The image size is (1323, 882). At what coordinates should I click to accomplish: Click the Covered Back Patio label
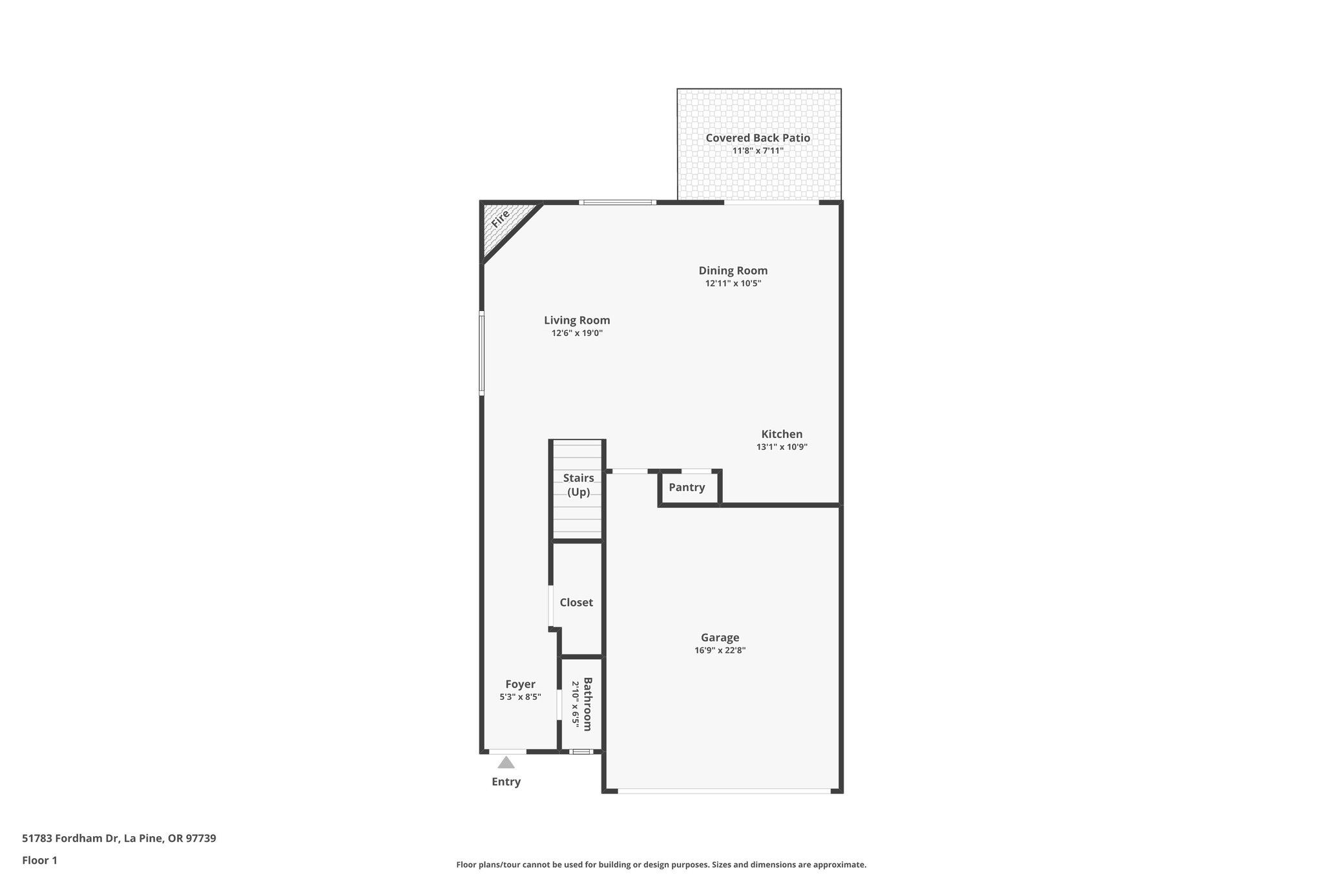pos(757,138)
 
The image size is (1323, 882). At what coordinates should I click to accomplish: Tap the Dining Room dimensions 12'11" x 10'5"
pos(733,283)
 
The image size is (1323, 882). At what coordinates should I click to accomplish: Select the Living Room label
pos(576,320)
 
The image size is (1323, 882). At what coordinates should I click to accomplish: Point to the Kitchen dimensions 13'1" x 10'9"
pos(782,446)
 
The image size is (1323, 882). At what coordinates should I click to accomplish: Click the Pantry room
pos(687,487)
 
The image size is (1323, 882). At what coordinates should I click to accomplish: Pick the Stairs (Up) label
pos(578,485)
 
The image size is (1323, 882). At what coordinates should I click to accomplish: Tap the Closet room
pos(576,602)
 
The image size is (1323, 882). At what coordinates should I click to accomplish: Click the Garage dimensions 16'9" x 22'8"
pos(720,651)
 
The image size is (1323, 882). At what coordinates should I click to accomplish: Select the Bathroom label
pos(587,704)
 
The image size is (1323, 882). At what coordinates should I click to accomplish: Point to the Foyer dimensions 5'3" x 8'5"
pos(520,697)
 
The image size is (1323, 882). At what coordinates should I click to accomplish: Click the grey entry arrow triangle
pos(506,762)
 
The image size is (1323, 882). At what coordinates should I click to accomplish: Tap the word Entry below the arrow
pos(506,782)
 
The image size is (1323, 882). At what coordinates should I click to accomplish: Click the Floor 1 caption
pos(39,860)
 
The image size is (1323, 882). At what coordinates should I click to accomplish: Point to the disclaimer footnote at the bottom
pos(661,865)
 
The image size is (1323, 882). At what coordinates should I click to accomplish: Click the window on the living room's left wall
pos(481,353)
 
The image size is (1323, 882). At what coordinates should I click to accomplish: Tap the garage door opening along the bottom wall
pos(724,790)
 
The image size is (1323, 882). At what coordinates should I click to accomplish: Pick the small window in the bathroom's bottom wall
pos(581,751)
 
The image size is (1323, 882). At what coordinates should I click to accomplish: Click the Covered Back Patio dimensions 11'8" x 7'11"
pos(757,151)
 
